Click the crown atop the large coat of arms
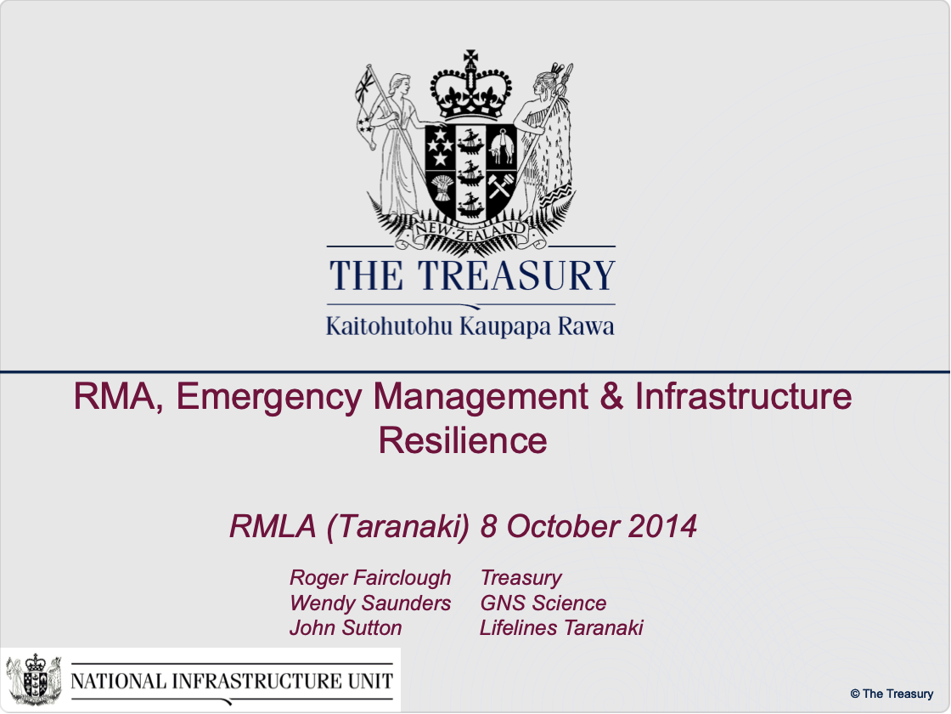pos(470,86)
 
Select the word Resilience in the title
pos(463,440)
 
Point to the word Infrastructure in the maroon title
pos(744,397)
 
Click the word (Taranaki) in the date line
pos(398,527)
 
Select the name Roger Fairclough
pos(370,578)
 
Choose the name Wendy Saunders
pos(370,603)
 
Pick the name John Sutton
pos(346,628)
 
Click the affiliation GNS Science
pos(543,603)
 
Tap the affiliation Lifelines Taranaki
pos(561,628)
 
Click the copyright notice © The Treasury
pos(892,694)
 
